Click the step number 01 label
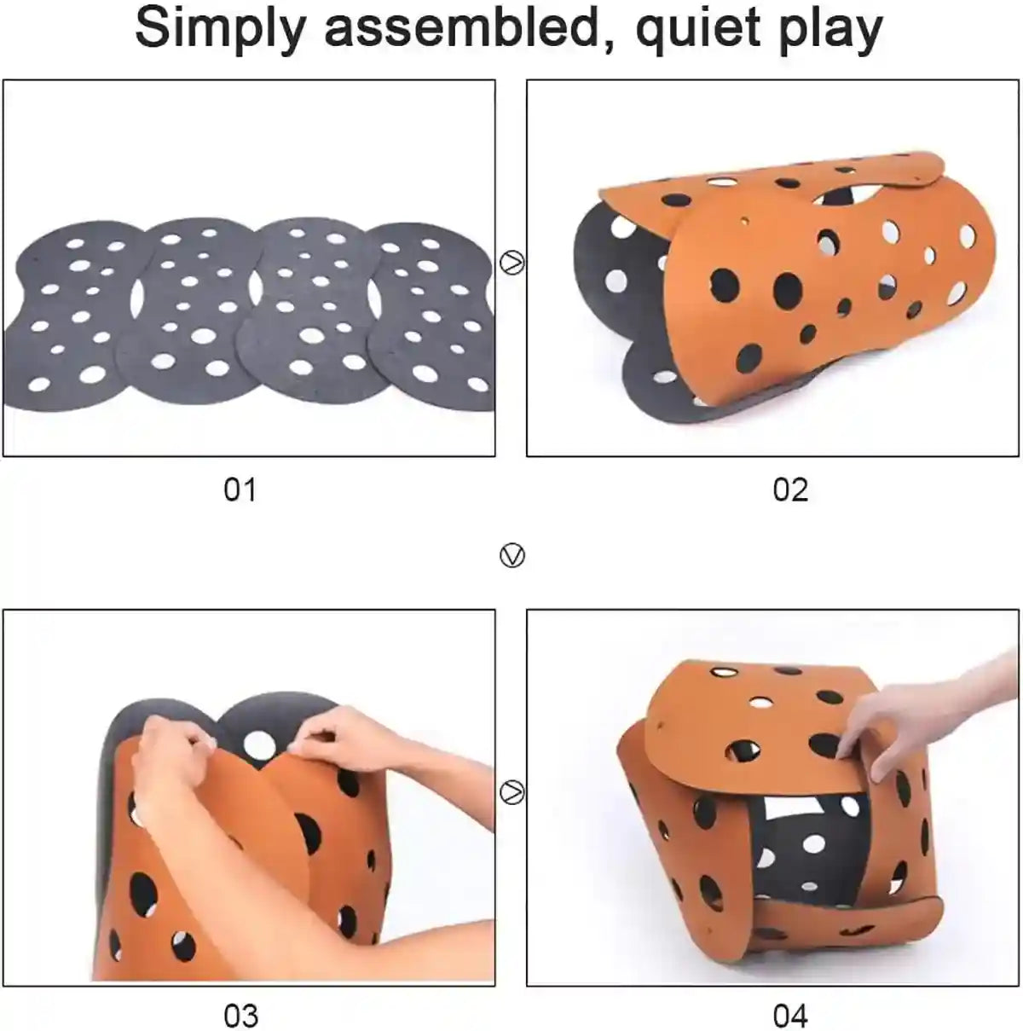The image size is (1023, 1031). (x=240, y=490)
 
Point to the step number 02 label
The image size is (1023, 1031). (x=789, y=490)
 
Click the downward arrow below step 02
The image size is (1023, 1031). (x=511, y=556)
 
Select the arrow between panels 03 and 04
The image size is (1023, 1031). (x=511, y=792)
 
